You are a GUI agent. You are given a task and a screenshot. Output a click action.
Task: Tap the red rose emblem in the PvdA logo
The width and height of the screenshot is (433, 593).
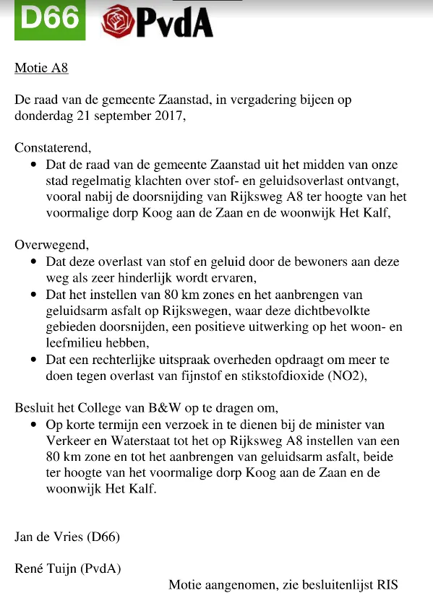tap(116, 22)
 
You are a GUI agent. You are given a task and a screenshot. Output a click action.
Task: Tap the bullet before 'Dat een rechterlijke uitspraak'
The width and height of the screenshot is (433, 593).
tap(34, 359)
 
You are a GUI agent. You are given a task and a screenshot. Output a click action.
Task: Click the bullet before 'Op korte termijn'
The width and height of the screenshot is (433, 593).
tap(34, 424)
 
